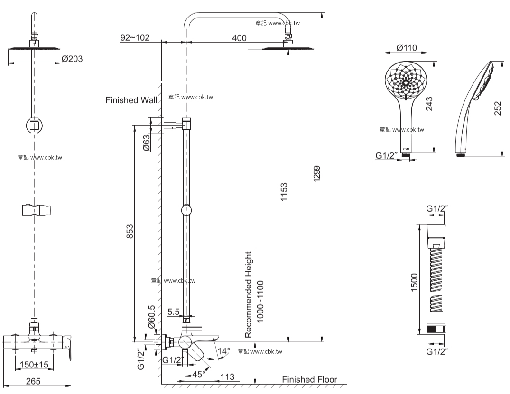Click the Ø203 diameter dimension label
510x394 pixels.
(72, 59)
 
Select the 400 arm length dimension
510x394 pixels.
(239, 38)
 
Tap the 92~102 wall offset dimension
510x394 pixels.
(135, 37)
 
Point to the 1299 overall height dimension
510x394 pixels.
(317, 174)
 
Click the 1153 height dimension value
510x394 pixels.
(284, 192)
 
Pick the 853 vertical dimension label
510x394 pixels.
(130, 232)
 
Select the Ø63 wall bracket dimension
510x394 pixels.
(147, 143)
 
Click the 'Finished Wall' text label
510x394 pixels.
(131, 100)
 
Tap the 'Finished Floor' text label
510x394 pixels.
(309, 379)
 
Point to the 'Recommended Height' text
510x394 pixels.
(249, 295)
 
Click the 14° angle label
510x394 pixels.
(224, 351)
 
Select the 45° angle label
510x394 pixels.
(198, 374)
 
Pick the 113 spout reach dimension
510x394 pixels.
(227, 377)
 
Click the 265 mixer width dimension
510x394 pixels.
(33, 381)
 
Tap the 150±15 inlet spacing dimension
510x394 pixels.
(34, 365)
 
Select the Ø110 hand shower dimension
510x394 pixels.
(407, 48)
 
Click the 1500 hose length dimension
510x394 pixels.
(414, 283)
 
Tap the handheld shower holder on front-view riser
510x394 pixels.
(36, 210)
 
